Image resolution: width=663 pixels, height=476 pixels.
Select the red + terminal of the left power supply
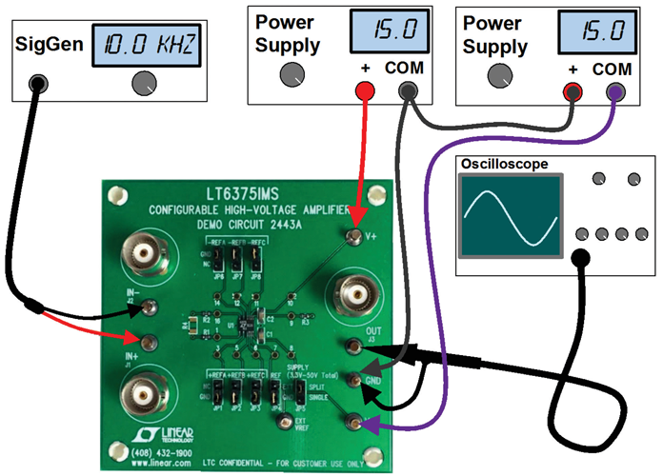point(363,90)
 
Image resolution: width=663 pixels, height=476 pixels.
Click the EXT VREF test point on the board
point(282,418)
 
